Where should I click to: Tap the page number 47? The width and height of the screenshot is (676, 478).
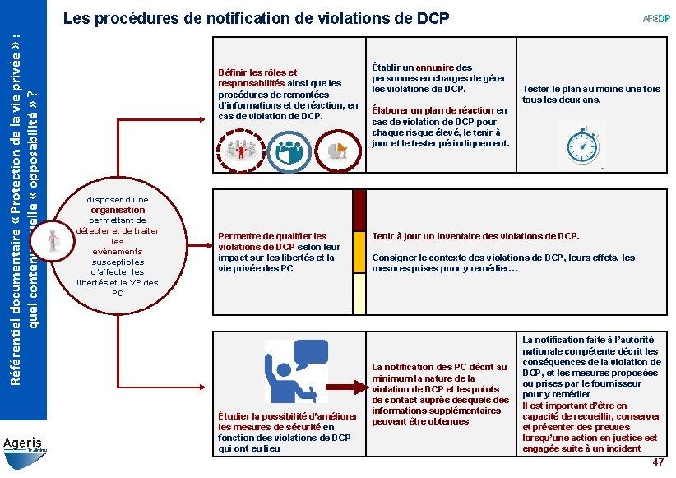[658, 463]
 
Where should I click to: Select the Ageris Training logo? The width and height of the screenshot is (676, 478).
[25, 447]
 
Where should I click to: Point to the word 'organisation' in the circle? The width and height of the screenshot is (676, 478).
[118, 210]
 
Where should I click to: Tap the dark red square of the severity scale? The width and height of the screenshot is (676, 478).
[359, 210]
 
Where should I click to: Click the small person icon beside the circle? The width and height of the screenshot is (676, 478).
[53, 239]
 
